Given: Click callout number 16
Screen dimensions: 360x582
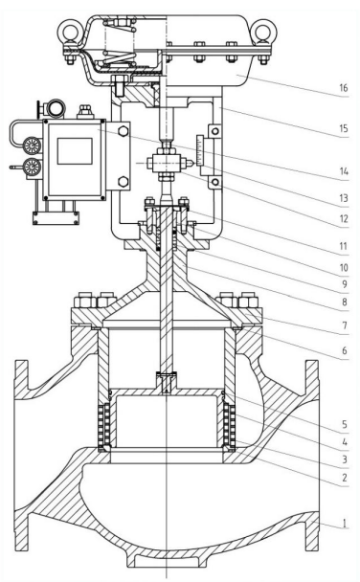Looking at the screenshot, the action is (344, 88).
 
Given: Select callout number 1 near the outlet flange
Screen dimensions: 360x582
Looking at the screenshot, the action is (344, 524).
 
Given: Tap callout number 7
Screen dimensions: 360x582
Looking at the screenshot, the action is (345, 325).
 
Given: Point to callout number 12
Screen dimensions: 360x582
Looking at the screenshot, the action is (344, 218).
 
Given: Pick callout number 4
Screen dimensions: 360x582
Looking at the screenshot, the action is (345, 442).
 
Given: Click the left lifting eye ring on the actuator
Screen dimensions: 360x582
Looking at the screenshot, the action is (69, 31).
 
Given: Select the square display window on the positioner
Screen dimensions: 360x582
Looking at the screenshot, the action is (75, 151).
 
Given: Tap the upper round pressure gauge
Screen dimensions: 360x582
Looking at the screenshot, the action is (33, 145).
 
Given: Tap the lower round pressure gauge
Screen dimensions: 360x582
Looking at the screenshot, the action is (33, 166).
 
